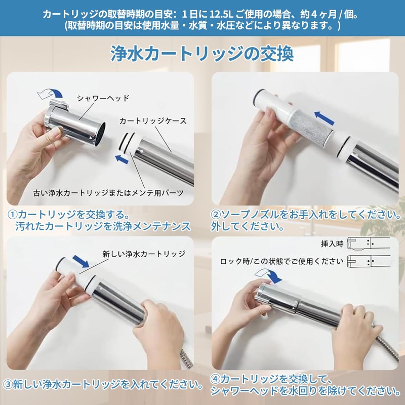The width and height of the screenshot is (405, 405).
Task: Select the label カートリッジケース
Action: pyautogui.click(x=153, y=121)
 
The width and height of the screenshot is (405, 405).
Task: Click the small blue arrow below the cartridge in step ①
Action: pyautogui.click(x=120, y=159)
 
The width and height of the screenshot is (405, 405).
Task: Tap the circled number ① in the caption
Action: pyautogui.click(x=12, y=214)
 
